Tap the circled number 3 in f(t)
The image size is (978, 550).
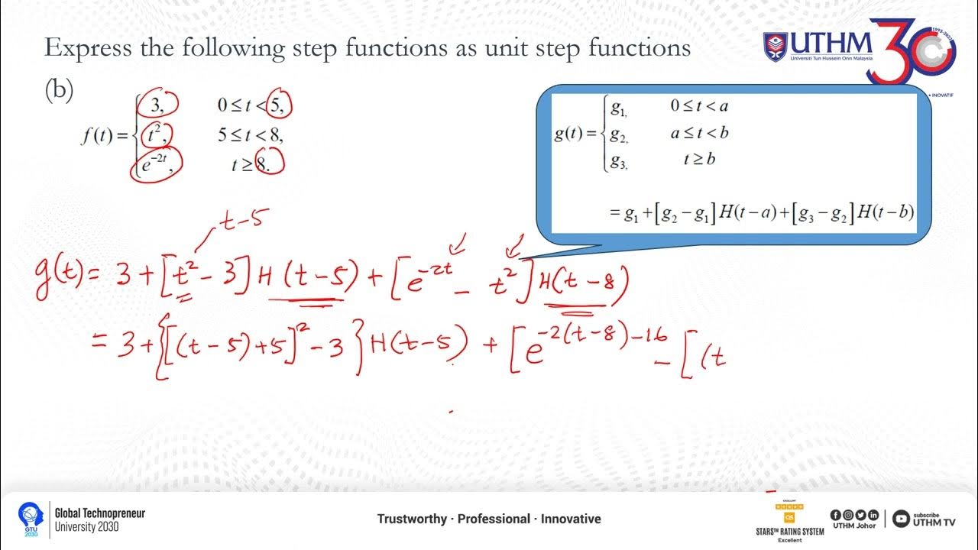tap(161, 105)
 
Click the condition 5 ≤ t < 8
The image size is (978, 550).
tap(251, 134)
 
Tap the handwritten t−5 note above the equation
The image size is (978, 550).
tap(242, 221)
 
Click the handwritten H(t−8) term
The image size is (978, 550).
tap(584, 288)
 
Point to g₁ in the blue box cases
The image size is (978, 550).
tap(619, 107)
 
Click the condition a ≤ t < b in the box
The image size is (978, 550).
tap(699, 133)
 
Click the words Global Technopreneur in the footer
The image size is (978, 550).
tap(99, 513)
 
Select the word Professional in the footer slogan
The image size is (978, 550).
tap(494, 519)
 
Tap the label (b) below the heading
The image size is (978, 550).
tap(59, 90)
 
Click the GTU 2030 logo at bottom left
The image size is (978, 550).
tap(31, 519)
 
